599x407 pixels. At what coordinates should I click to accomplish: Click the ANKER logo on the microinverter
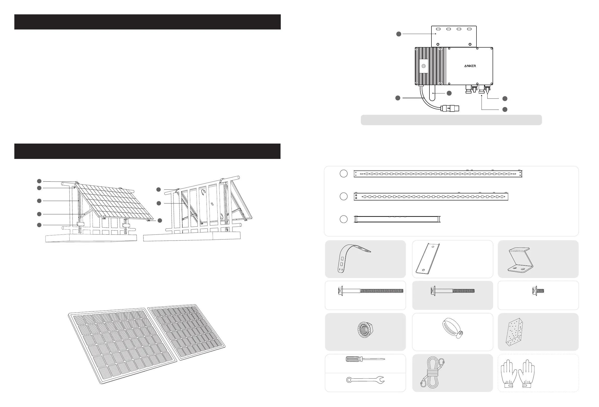pyautogui.click(x=470, y=66)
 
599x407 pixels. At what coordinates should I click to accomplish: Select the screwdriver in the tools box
pyautogui.click(x=365, y=359)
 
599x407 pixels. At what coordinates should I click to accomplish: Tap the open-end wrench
pyautogui.click(x=365, y=380)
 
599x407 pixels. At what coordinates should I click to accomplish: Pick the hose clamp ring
pyautogui.click(x=452, y=328)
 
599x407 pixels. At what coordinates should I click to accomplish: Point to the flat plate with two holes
pyautogui.click(x=428, y=258)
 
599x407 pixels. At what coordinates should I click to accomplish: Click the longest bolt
pyautogui.click(x=371, y=291)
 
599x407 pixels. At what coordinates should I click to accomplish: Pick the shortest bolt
pyautogui.click(x=538, y=291)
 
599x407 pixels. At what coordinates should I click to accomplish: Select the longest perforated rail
pyautogui.click(x=438, y=174)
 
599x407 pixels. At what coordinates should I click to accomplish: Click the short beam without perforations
pyautogui.click(x=397, y=219)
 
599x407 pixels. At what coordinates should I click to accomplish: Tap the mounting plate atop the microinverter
pyautogui.click(x=454, y=36)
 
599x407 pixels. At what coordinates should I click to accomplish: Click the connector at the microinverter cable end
pyautogui.click(x=450, y=108)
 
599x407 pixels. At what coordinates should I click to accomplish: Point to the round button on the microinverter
pyautogui.click(x=423, y=66)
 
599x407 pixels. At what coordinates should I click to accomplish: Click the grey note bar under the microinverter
pyautogui.click(x=451, y=120)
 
